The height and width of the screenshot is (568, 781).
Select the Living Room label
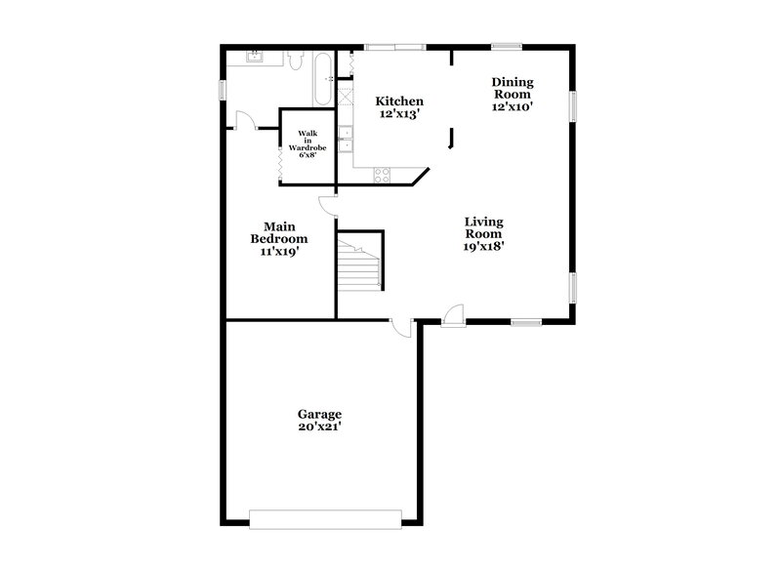tap(483, 227)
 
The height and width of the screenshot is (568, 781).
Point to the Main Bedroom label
tap(279, 232)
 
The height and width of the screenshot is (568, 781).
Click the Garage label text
tap(319, 414)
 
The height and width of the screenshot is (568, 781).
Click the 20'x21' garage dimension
tap(319, 426)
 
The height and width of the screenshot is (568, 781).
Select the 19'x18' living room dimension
tap(483, 247)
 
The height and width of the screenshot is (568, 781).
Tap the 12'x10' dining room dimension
tap(513, 107)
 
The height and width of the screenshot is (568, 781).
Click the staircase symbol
tap(360, 262)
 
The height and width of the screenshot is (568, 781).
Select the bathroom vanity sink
tap(255, 57)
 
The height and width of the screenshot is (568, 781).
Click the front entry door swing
tap(450, 315)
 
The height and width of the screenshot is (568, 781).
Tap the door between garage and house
tap(401, 329)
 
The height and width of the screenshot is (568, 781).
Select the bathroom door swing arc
tap(245, 121)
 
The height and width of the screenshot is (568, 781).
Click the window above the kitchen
tap(394, 45)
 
